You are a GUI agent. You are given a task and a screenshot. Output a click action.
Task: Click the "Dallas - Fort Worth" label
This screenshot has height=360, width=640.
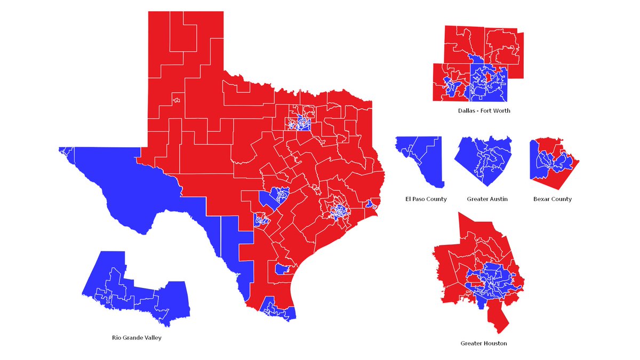coord(484,111)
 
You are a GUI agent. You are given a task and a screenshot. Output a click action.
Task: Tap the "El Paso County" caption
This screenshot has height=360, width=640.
coord(426,199)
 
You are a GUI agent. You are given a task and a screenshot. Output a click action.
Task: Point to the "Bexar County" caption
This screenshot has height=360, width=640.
coord(552,199)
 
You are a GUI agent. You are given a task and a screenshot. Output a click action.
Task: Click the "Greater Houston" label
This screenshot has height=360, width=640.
coord(484,343)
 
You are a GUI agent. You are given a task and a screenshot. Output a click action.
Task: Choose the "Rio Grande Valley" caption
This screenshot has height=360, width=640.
coord(137,338)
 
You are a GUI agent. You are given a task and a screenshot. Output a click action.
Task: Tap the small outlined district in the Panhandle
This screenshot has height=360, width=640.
coord(176,99)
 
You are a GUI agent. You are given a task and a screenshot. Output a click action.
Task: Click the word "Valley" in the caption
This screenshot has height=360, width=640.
coord(151,338)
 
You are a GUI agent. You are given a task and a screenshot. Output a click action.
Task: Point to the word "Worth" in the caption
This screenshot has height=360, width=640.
coord(501,111)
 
